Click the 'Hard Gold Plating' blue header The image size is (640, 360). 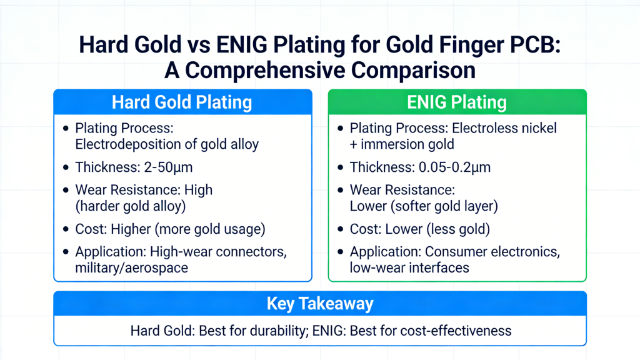pos(182,102)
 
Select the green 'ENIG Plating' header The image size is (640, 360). pos(457,102)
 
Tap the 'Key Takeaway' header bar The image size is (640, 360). pos(320,304)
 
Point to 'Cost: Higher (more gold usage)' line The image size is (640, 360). pos(170,229)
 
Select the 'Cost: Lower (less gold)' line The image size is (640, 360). pos(419,229)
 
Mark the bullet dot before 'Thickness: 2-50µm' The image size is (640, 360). pos(66,167)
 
